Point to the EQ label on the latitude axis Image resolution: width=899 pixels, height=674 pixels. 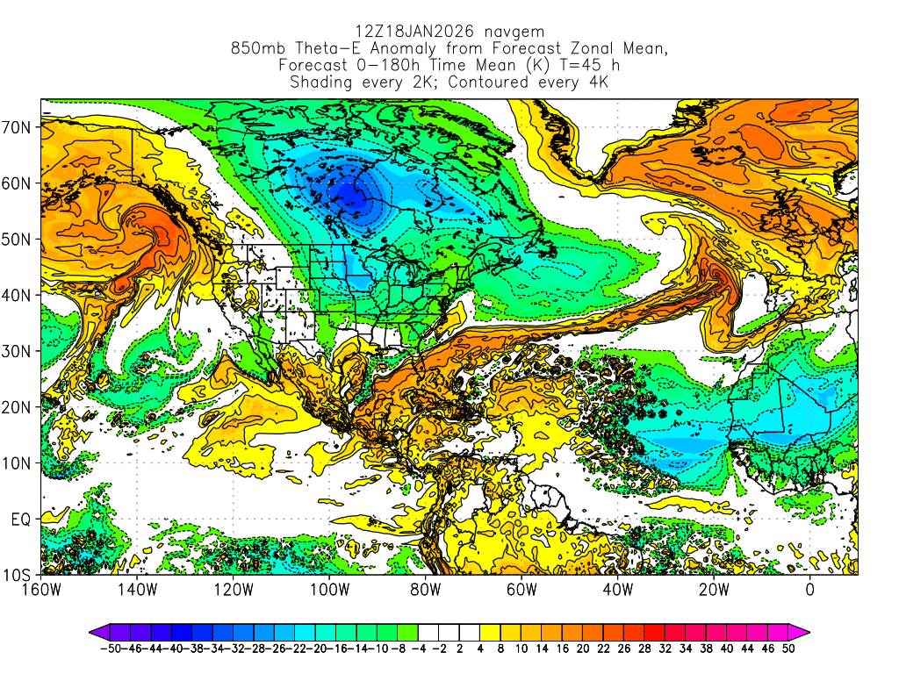21,520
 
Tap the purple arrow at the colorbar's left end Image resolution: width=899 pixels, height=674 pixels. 97,631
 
